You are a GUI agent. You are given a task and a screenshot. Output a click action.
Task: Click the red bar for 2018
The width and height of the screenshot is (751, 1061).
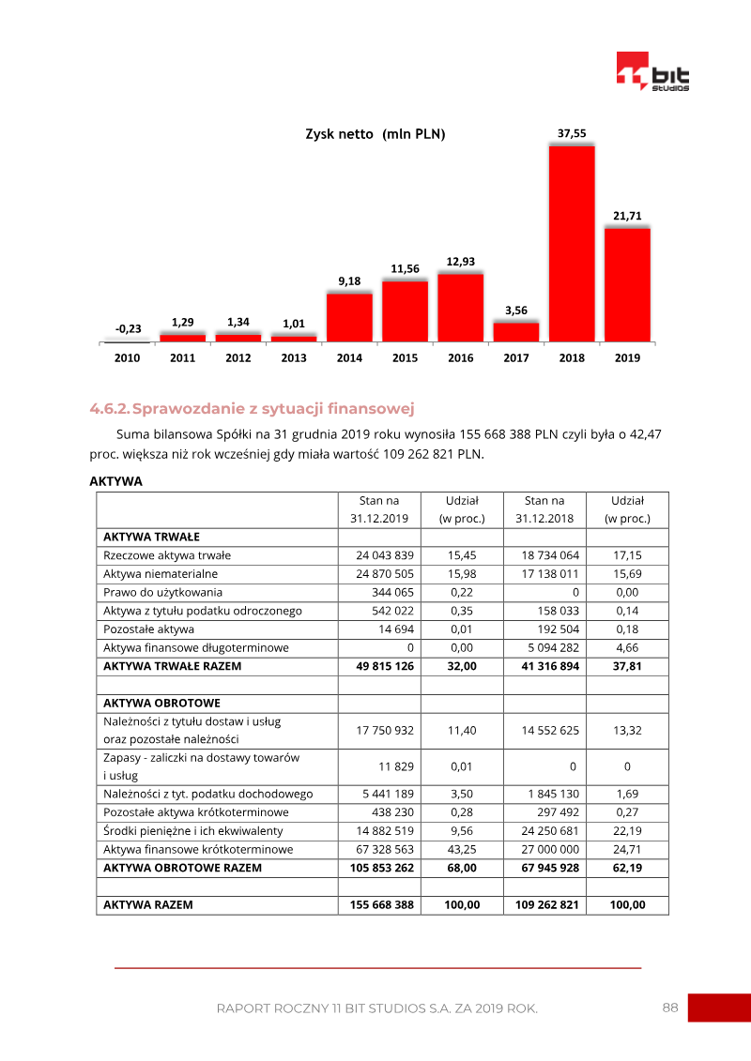(572, 244)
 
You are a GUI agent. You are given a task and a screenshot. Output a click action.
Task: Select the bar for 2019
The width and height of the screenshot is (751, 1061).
(627, 284)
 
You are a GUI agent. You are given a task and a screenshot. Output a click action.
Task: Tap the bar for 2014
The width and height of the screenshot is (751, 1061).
(349, 317)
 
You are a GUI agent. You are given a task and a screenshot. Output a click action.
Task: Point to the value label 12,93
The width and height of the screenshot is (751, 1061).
(460, 261)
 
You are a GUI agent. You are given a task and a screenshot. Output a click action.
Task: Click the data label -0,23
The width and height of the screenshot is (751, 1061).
(128, 329)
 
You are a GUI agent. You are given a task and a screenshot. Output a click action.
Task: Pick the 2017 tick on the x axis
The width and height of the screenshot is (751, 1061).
(516, 358)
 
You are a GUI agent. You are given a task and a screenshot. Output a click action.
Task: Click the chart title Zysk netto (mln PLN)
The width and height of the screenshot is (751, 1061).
(375, 134)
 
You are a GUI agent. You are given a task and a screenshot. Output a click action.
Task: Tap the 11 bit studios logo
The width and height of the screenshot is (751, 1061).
(652, 72)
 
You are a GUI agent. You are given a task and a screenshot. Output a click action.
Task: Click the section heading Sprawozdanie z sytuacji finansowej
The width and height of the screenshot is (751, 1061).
(273, 409)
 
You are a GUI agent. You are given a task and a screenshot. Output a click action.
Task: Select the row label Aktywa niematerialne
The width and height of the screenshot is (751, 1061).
(161, 573)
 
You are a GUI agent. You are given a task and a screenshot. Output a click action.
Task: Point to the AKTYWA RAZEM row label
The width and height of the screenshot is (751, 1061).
(148, 905)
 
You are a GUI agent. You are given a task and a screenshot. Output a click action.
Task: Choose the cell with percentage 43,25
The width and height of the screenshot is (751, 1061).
(461, 849)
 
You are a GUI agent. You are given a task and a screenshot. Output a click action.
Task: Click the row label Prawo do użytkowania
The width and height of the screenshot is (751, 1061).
(164, 592)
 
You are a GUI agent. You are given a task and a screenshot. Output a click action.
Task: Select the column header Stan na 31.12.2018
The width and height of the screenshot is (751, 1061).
(544, 509)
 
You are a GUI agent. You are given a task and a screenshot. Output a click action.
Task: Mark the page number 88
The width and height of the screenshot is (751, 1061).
(670, 1008)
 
